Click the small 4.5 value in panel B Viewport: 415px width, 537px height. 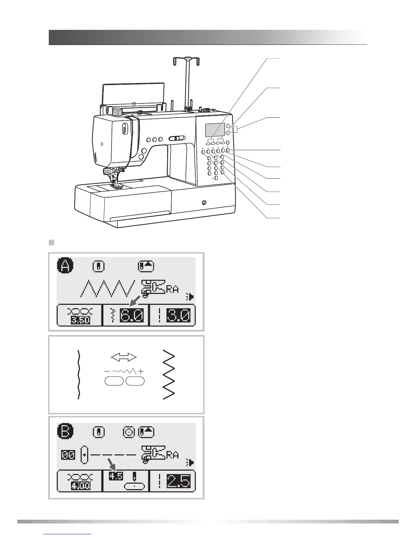116,476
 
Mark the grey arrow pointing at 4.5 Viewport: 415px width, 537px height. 112,464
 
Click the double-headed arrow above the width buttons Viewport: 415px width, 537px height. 124,357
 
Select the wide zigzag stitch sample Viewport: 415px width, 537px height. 169,374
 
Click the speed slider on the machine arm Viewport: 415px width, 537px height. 177,138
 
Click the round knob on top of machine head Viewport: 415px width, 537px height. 117,112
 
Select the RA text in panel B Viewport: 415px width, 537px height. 172,455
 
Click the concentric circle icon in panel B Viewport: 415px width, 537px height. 129,432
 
